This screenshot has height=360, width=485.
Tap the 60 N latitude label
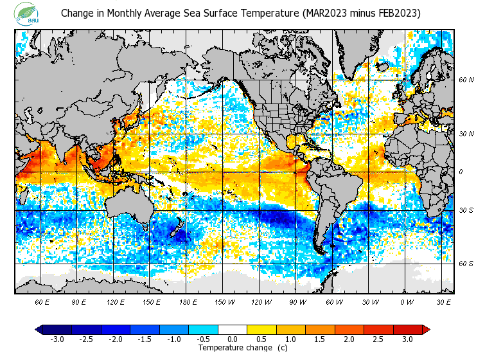[466, 80]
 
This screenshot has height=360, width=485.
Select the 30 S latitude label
[466, 210]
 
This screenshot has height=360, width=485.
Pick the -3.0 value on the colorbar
[57, 339]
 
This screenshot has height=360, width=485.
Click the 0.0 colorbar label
[233, 339]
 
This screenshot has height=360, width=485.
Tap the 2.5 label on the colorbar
[378, 339]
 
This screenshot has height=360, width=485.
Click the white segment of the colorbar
[233, 329]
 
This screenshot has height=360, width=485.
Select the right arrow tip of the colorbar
[426, 329]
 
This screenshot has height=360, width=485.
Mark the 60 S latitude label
[466, 264]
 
